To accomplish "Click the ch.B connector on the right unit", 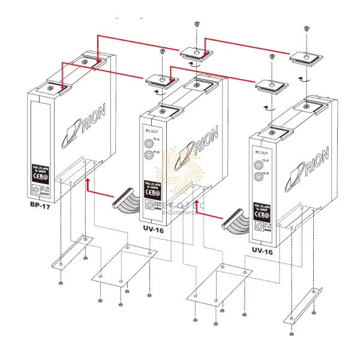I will click(x=259, y=176).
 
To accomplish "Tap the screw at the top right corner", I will click(x=307, y=28).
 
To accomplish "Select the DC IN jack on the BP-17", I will click(x=39, y=190).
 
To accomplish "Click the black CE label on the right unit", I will click(x=262, y=208).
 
